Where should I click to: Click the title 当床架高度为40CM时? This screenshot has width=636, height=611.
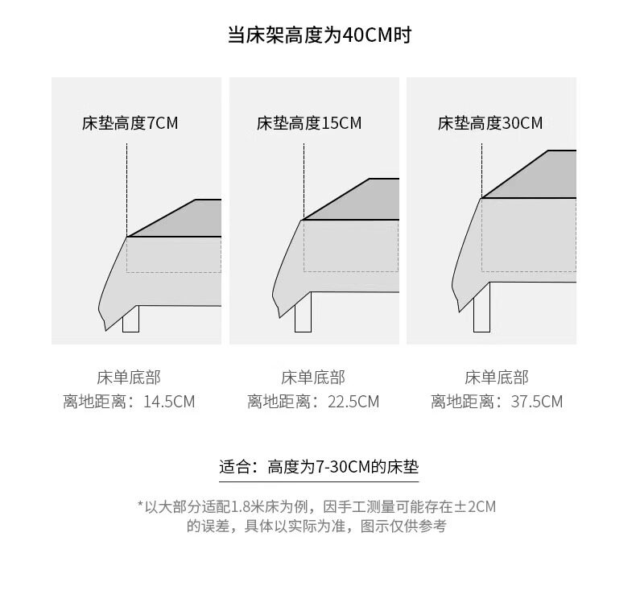(x=320, y=36)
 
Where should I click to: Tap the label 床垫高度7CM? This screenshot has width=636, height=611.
(x=130, y=123)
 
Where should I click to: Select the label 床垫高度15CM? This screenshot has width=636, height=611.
(x=309, y=123)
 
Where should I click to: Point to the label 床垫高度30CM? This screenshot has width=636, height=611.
(x=490, y=123)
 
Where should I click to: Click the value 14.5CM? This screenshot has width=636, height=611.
(x=169, y=402)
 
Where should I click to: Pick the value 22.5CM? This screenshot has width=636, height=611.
(x=353, y=402)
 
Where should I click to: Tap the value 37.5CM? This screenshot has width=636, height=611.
(x=537, y=402)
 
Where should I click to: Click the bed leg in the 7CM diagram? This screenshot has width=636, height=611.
(x=130, y=320)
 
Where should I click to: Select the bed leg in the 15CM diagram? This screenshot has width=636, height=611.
(x=303, y=320)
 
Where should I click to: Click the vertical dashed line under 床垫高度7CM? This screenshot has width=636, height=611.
(x=126, y=189)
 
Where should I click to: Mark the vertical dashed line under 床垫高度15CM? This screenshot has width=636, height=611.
(x=304, y=181)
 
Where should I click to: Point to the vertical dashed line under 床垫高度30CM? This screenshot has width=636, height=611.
(x=481, y=169)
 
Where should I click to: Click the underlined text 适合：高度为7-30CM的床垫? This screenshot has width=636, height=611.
(x=319, y=467)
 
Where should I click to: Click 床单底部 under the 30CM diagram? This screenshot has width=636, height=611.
(x=497, y=378)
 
